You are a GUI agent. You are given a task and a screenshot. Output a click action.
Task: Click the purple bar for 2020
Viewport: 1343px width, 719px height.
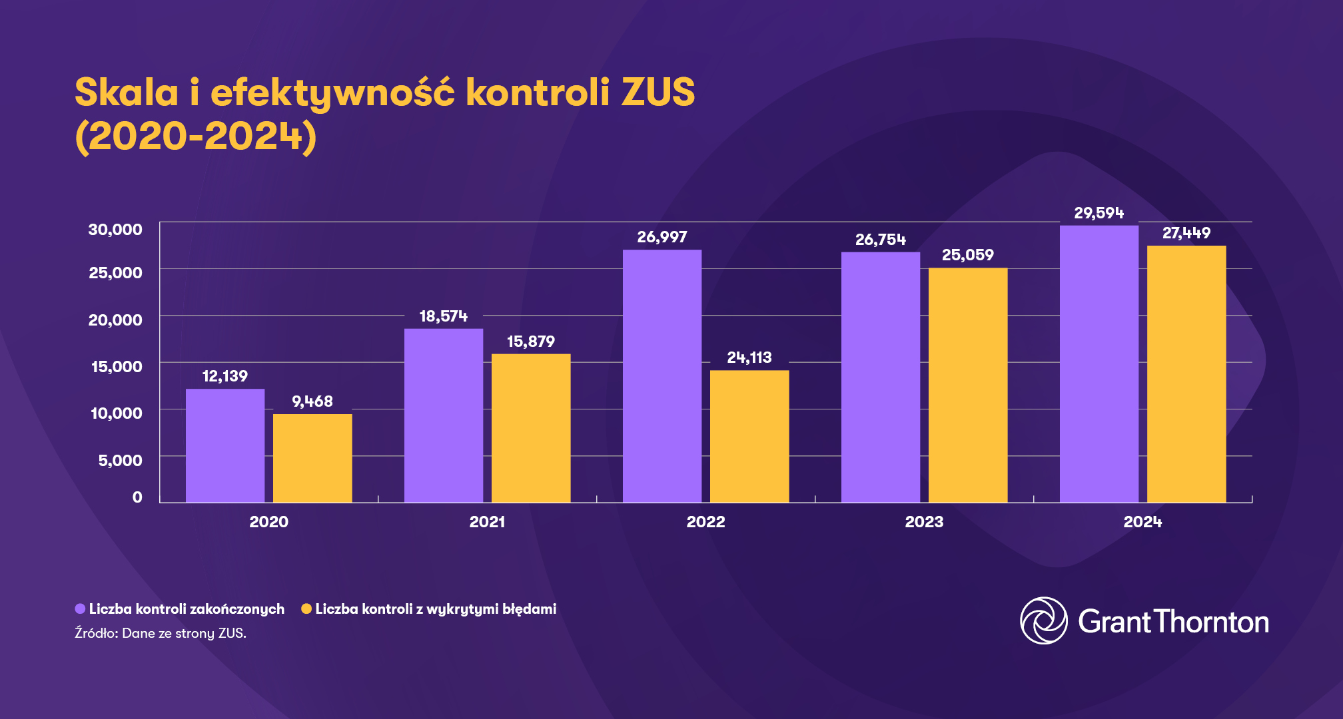[225, 445]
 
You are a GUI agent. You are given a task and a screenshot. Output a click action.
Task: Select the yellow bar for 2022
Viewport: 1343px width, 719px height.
[749, 436]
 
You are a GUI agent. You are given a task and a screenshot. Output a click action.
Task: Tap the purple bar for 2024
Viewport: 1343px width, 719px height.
[1099, 363]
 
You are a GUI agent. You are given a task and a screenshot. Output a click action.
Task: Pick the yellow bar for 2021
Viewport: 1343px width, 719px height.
[531, 428]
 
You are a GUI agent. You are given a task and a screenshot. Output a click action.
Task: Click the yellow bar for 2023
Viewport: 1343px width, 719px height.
[968, 385]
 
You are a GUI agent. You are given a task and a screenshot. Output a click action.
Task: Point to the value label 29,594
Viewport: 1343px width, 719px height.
[1099, 213]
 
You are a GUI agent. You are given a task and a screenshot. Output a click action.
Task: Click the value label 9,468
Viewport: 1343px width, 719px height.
[312, 401]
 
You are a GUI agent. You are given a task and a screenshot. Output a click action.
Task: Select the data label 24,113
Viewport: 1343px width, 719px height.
[749, 358]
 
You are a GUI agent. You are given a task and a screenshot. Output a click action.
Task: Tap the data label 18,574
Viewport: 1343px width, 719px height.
[444, 316]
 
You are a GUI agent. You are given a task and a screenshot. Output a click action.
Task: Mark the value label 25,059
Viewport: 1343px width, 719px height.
[968, 255]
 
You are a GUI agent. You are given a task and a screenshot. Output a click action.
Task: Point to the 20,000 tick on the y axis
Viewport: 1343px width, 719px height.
[115, 320]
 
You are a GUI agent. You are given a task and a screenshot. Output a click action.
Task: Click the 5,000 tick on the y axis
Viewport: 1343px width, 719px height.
[120, 460]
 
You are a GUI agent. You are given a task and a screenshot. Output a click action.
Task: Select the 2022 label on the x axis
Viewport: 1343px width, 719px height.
[705, 522]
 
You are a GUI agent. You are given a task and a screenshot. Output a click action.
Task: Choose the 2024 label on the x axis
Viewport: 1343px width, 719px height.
[1142, 522]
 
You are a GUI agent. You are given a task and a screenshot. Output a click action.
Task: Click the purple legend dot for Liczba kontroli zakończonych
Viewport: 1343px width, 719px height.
[80, 609]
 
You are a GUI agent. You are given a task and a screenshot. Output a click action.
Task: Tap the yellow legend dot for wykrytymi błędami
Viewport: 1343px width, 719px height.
[306, 609]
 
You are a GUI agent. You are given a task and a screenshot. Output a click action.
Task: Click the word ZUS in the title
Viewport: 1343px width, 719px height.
[658, 92]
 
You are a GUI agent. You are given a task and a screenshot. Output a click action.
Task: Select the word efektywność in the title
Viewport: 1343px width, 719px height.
[332, 92]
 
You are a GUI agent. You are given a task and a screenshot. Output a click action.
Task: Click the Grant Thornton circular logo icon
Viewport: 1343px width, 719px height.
[1044, 620]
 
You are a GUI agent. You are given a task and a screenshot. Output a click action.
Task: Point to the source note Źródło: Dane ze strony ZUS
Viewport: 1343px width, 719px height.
[161, 633]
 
